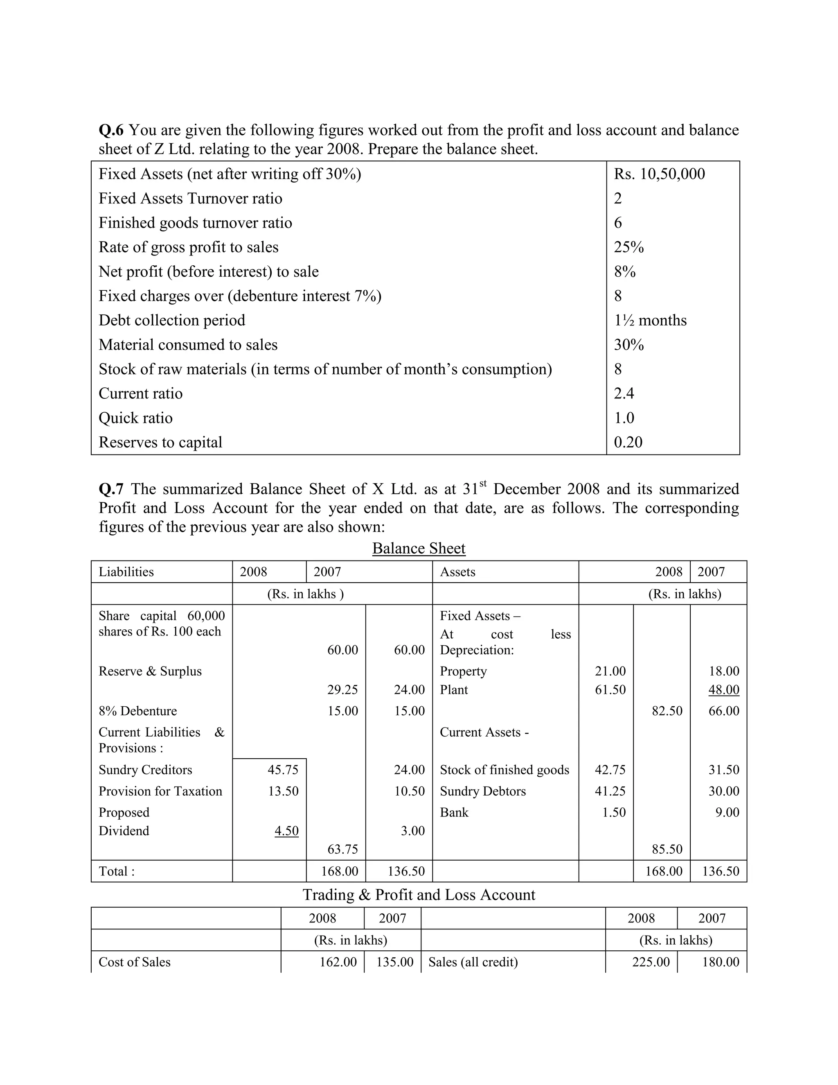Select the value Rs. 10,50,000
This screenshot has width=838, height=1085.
(x=659, y=174)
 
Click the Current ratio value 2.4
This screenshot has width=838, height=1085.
(x=624, y=393)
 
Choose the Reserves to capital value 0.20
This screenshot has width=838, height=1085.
(x=628, y=442)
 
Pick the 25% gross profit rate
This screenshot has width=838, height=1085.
(x=628, y=247)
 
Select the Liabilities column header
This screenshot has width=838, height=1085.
(x=126, y=572)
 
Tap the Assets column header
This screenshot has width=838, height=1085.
(x=457, y=572)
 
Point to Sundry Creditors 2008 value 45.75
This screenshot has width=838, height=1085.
(x=283, y=770)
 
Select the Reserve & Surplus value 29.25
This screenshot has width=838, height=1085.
(x=342, y=689)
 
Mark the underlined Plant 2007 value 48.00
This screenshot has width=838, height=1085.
(x=724, y=689)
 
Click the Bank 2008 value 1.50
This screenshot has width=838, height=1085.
(x=614, y=812)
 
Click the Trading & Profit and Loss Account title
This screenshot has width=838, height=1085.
(x=419, y=895)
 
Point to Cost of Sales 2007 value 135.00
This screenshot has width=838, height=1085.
(x=395, y=962)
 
